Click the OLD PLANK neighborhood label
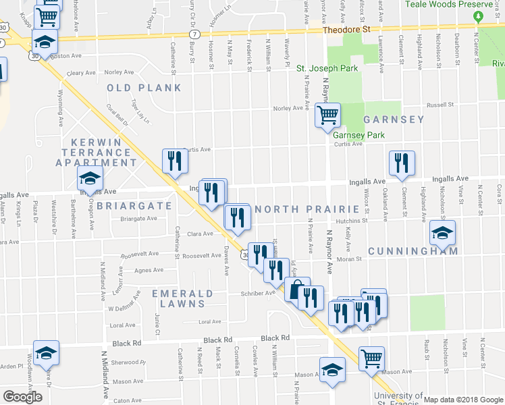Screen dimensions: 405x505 [144, 88]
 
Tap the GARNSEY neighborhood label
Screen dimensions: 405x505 [394, 119]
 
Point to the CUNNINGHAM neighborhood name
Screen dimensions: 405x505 [413, 251]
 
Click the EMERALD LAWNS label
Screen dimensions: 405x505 [182, 294]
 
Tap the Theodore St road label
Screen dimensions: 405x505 [347, 30]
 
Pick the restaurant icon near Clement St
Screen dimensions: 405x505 [402, 163]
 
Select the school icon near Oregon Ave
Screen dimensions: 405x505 [88, 180]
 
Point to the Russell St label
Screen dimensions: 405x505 [439, 105]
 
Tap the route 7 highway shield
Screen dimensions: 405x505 [194, 33]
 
